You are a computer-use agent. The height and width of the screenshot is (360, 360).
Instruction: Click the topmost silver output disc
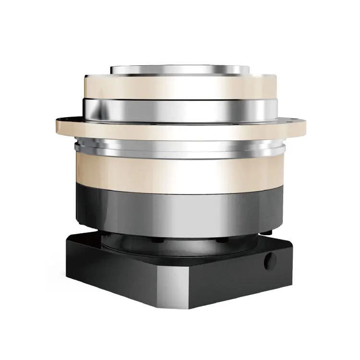coord(180,69)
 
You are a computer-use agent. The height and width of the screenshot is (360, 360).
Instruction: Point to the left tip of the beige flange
coord(58,125)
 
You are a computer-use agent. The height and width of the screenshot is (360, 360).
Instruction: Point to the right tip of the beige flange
coord(304,126)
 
